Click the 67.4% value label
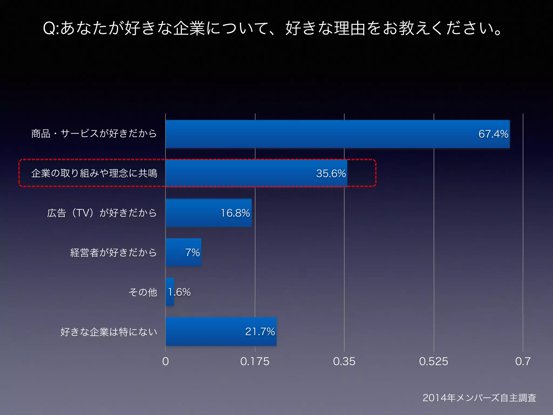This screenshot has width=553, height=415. (x=493, y=134)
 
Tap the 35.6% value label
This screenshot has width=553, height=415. (x=331, y=173)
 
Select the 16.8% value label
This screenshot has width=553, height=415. (x=235, y=213)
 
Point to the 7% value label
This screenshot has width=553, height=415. (x=192, y=253)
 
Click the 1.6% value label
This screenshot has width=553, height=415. (x=179, y=292)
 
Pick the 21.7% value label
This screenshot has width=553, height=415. (x=260, y=332)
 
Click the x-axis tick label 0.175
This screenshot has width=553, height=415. (x=255, y=362)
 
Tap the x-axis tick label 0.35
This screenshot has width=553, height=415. (x=344, y=362)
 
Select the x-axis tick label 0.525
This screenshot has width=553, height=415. (x=433, y=362)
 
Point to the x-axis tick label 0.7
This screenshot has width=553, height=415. (x=523, y=362)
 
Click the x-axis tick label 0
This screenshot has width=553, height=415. (x=166, y=362)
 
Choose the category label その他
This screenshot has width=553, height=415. (x=143, y=292)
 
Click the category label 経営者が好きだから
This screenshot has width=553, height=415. (x=113, y=253)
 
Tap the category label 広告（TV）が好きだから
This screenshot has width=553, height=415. (x=102, y=213)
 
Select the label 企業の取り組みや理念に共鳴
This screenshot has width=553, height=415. (x=94, y=173)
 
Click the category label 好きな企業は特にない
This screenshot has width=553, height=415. (x=109, y=332)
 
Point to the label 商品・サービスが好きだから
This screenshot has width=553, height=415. (x=94, y=134)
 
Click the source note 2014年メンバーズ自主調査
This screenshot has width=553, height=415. (x=479, y=398)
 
